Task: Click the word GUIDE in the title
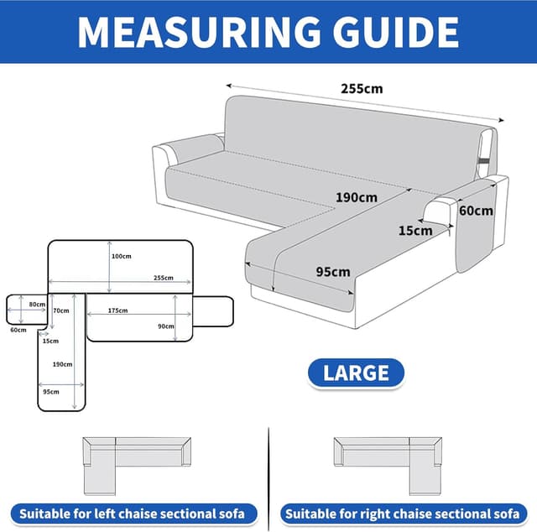[395, 32]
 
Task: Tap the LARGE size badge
[356, 373]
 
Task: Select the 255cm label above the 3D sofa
[362, 89]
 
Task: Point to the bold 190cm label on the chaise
[357, 198]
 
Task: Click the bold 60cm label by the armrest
[476, 211]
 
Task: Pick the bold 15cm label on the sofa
[415, 231]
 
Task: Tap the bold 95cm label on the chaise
[333, 272]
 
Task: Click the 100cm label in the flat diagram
[121, 256]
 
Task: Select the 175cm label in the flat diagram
[117, 310]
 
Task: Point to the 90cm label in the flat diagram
[166, 326]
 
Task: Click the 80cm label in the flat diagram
[37, 305]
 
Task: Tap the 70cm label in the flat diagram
[61, 310]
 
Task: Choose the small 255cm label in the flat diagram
[164, 278]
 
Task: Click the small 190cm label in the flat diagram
[62, 364]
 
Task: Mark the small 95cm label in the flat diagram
[51, 392]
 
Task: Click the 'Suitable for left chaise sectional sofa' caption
[133, 514]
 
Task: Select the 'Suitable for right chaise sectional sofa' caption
[403, 514]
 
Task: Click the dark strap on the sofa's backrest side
[484, 160]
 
